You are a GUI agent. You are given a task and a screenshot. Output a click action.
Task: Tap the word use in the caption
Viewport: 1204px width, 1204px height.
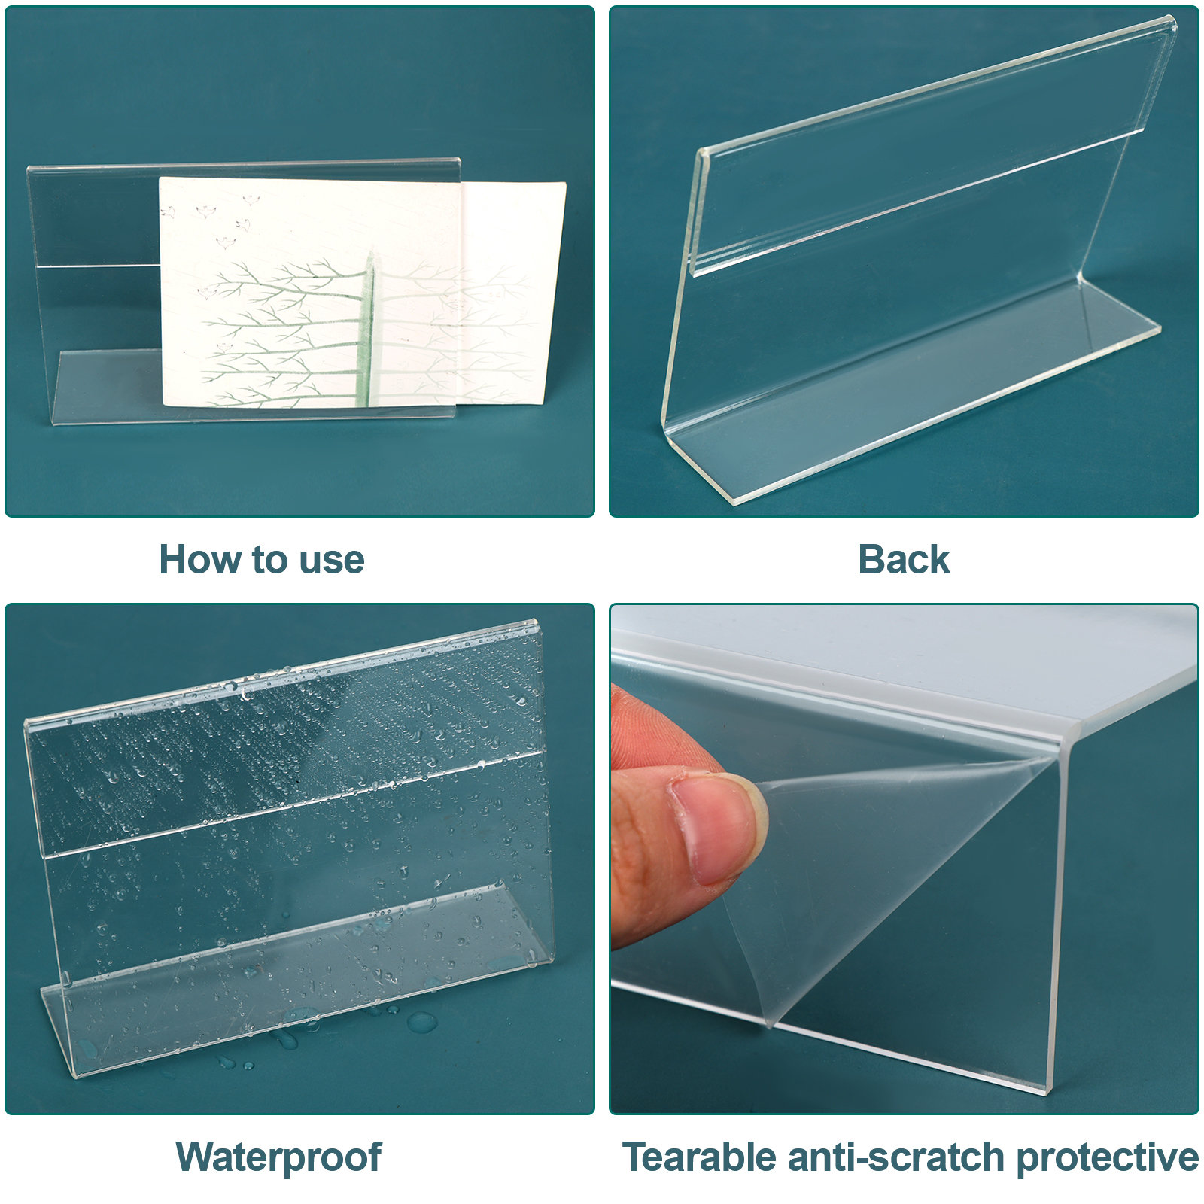pyautogui.click(x=332, y=561)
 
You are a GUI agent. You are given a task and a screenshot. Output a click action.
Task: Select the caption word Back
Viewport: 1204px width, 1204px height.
pyautogui.click(x=904, y=560)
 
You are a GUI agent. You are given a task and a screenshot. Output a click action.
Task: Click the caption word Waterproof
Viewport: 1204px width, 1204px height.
pyautogui.click(x=278, y=1158)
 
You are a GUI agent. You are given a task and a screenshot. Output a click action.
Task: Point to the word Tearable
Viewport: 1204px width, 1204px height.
pyautogui.click(x=699, y=1157)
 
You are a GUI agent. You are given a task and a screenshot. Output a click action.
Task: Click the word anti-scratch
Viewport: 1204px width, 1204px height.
pyautogui.click(x=895, y=1157)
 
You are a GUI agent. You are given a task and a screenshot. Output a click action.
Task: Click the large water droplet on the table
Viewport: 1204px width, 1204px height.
pyautogui.click(x=421, y=1021)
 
